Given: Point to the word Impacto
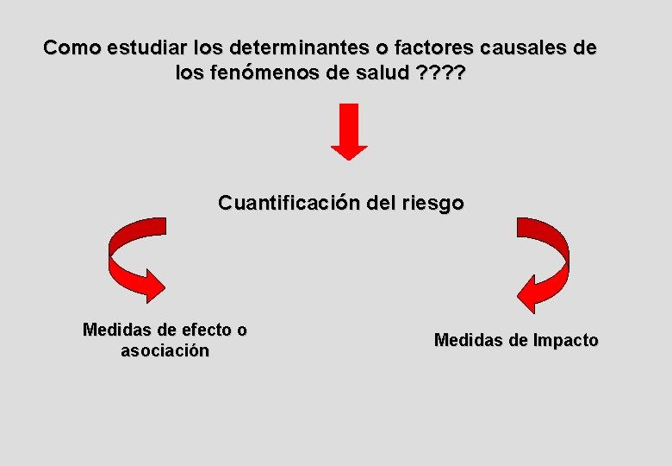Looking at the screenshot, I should point(565,340).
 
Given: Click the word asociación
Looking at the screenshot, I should point(165,351).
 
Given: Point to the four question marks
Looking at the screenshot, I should point(440,73).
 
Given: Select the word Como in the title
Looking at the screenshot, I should point(72,47).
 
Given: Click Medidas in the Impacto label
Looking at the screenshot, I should point(469,340).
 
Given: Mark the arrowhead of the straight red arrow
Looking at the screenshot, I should point(349,152).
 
